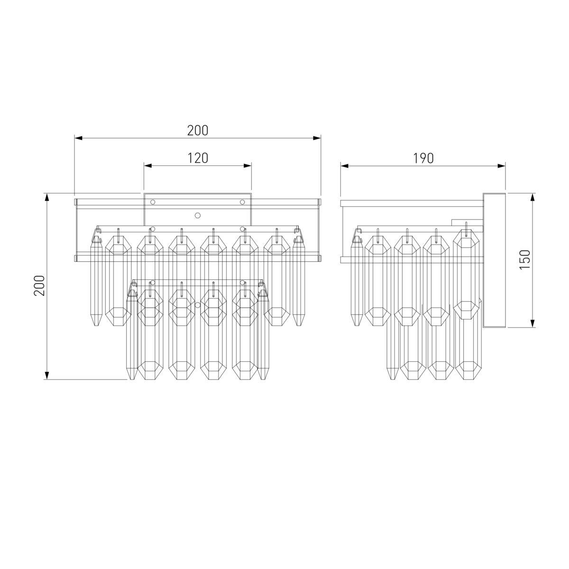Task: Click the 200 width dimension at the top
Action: [198, 130]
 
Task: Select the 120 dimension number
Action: [198, 158]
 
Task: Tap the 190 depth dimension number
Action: [423, 158]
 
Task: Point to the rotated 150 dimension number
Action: [525, 259]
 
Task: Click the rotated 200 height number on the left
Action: [39, 285]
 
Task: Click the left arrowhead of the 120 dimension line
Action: [147, 165]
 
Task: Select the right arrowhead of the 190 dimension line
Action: [501, 166]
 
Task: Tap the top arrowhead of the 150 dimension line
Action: [532, 197]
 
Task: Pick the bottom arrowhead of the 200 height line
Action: [46, 375]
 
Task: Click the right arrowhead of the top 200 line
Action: [317, 138]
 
